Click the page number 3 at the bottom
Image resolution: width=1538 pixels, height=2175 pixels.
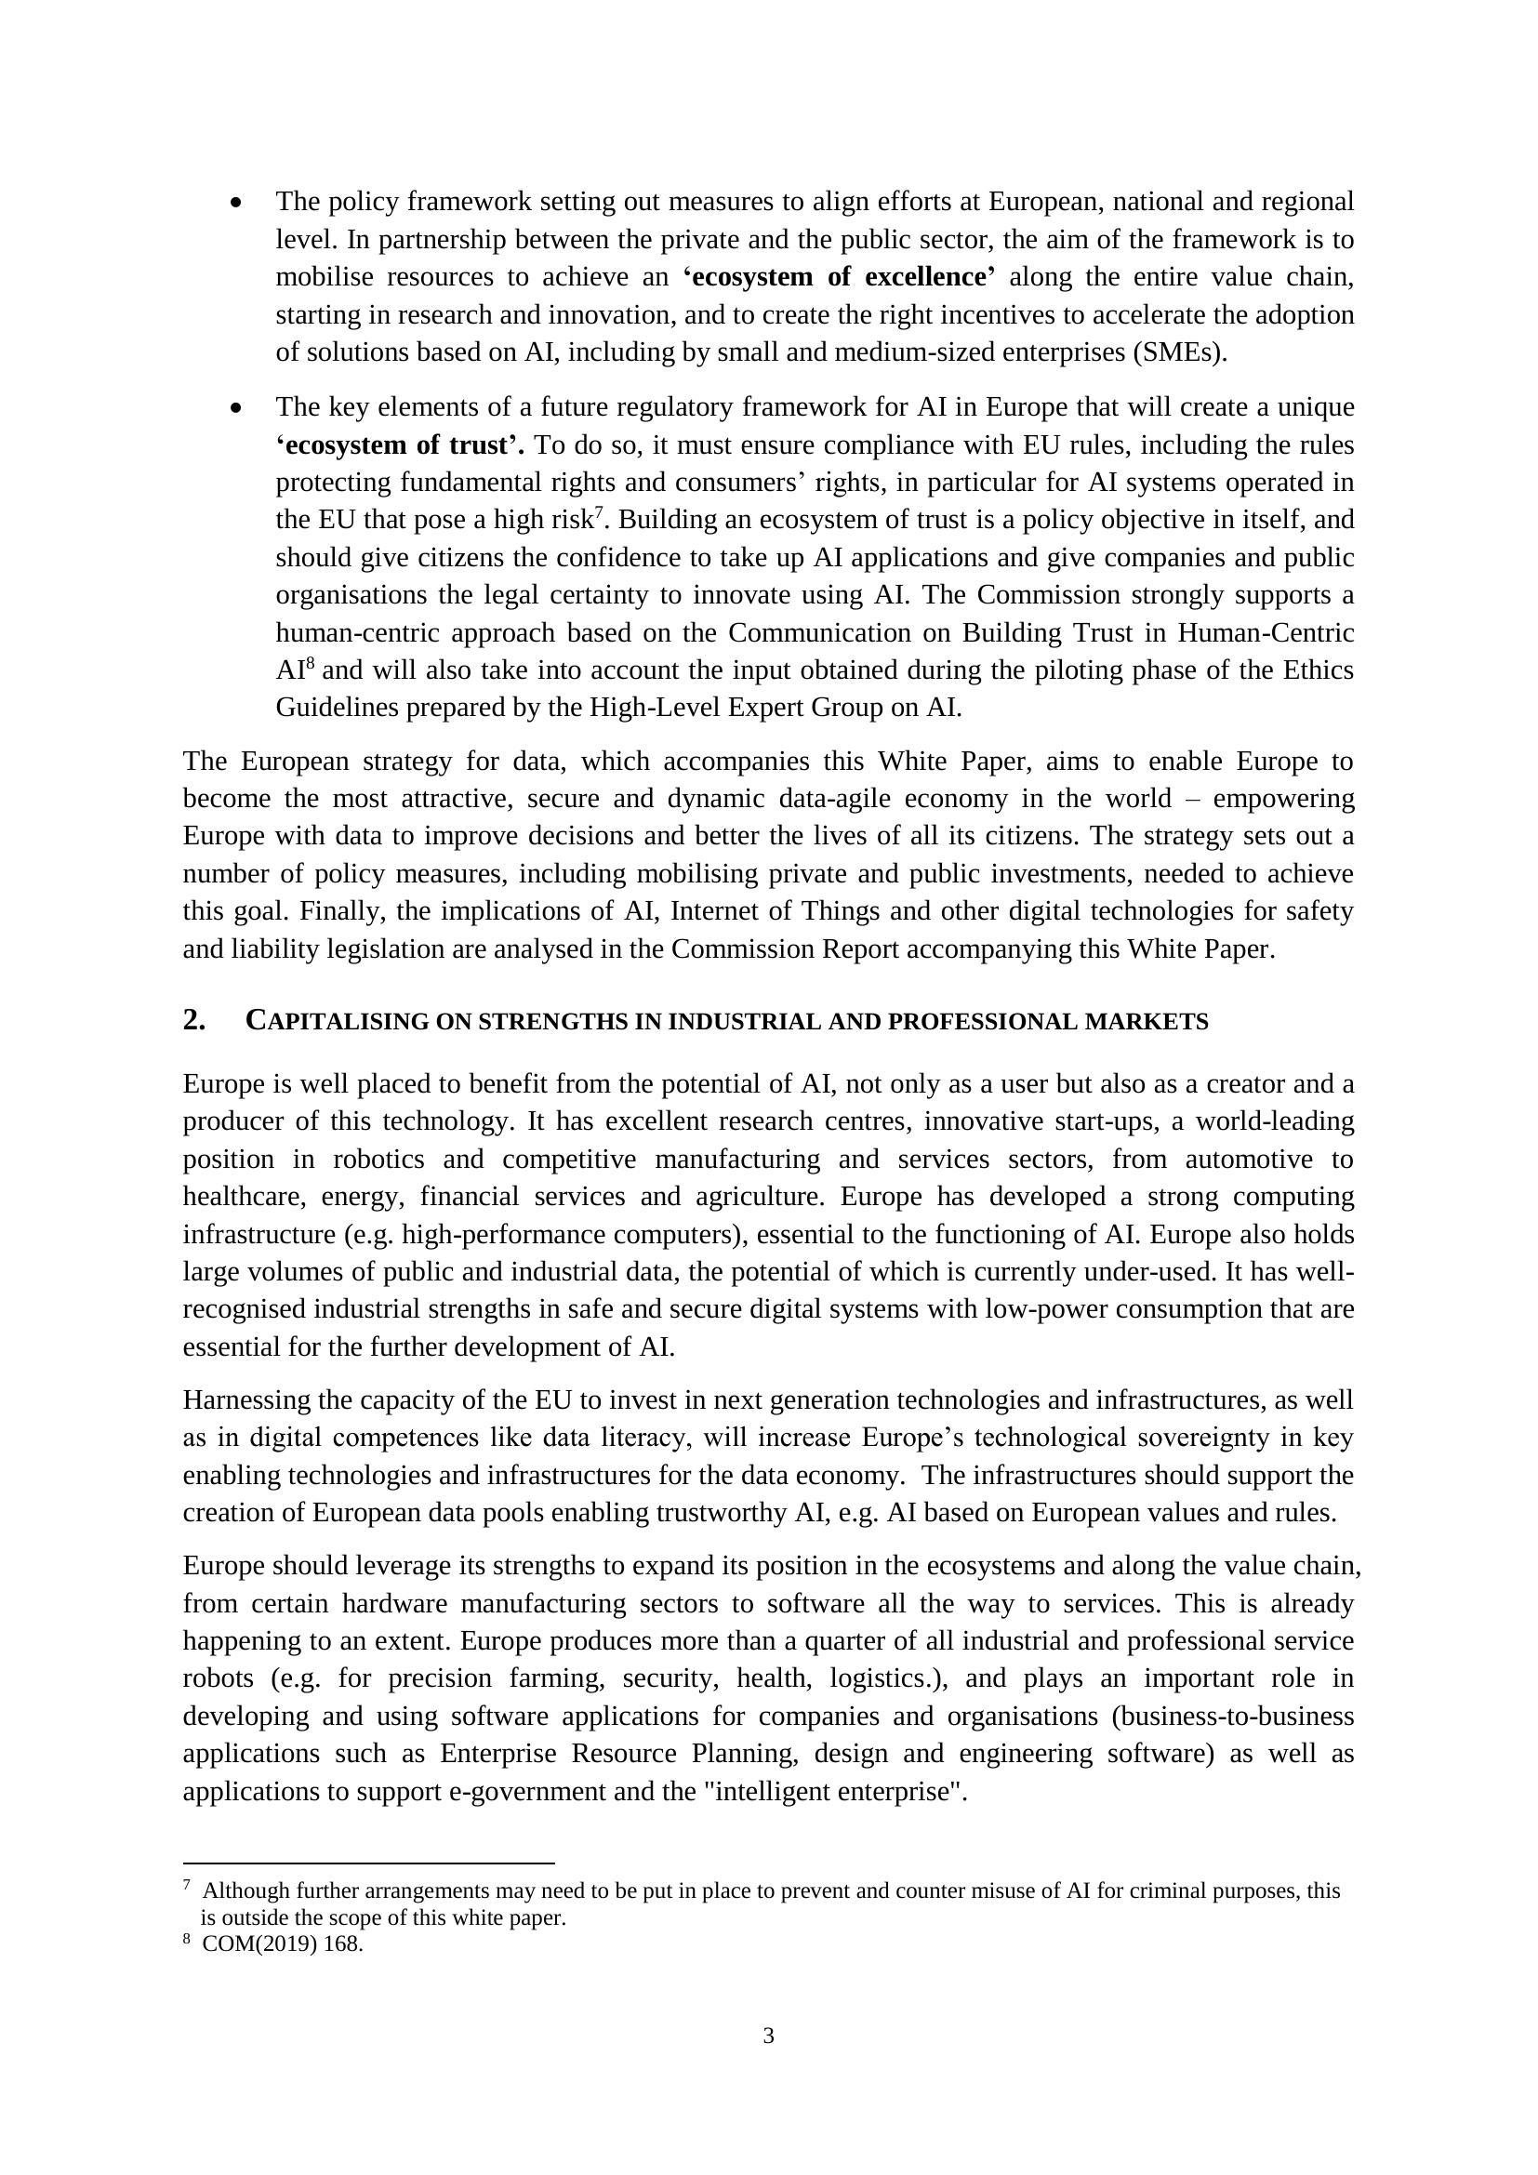coord(768,2035)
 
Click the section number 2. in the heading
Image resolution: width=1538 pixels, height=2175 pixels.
coord(194,1020)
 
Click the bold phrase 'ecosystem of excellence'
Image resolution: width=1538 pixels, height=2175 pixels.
coord(839,276)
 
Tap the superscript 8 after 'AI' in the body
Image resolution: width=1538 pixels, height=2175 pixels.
coord(310,663)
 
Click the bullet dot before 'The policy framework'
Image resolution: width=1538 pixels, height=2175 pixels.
coord(236,203)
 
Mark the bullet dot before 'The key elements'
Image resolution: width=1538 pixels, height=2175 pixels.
coord(236,408)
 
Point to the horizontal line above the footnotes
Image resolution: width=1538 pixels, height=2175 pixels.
coord(368,1863)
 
